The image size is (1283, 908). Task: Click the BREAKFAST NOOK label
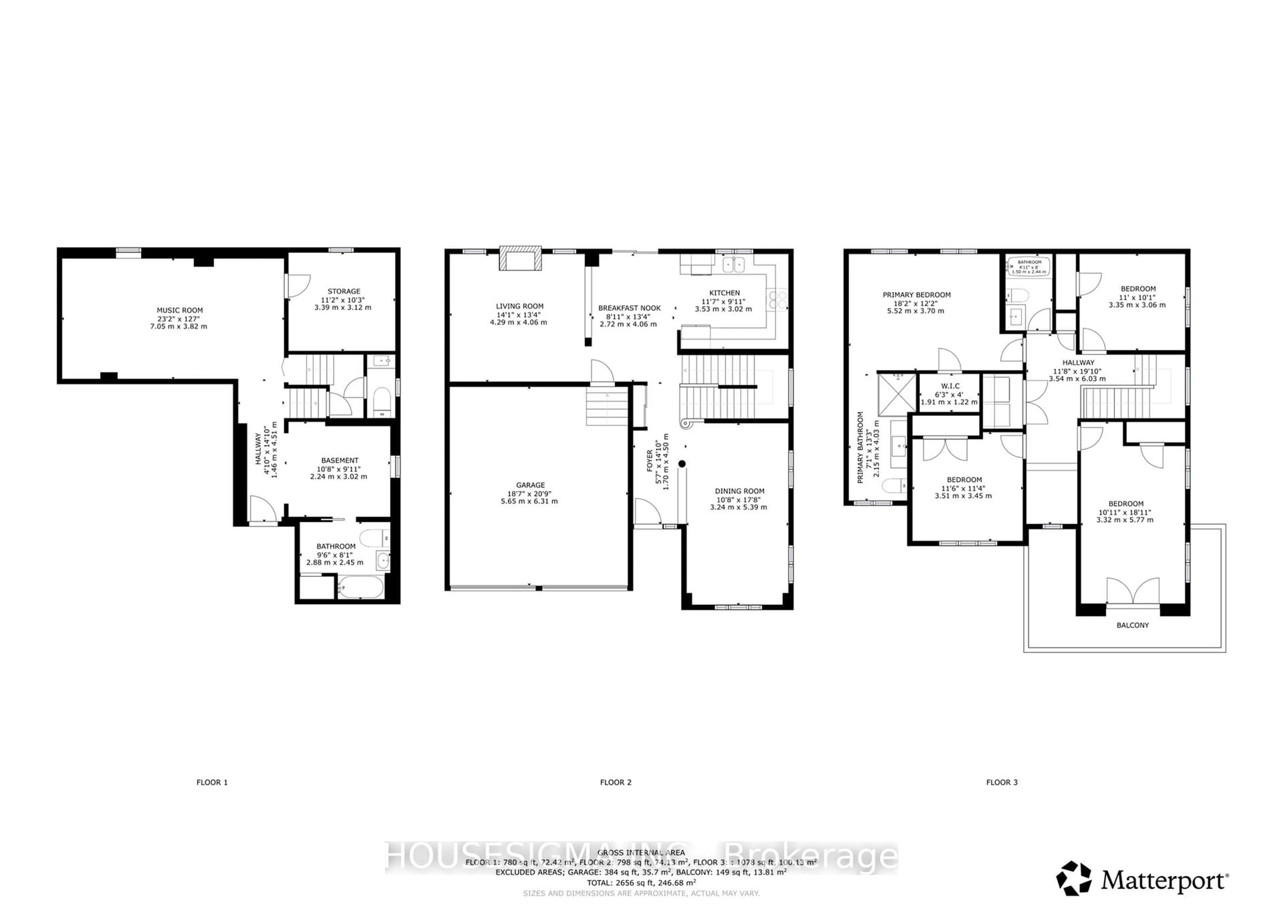click(629, 308)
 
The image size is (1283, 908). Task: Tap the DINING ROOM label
click(739, 491)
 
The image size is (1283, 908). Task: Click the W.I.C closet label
click(950, 386)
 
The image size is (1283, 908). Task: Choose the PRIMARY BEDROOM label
click(916, 295)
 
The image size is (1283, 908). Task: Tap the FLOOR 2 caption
click(615, 782)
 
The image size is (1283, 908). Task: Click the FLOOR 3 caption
click(1002, 782)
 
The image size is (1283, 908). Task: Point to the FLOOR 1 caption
click(212, 782)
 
